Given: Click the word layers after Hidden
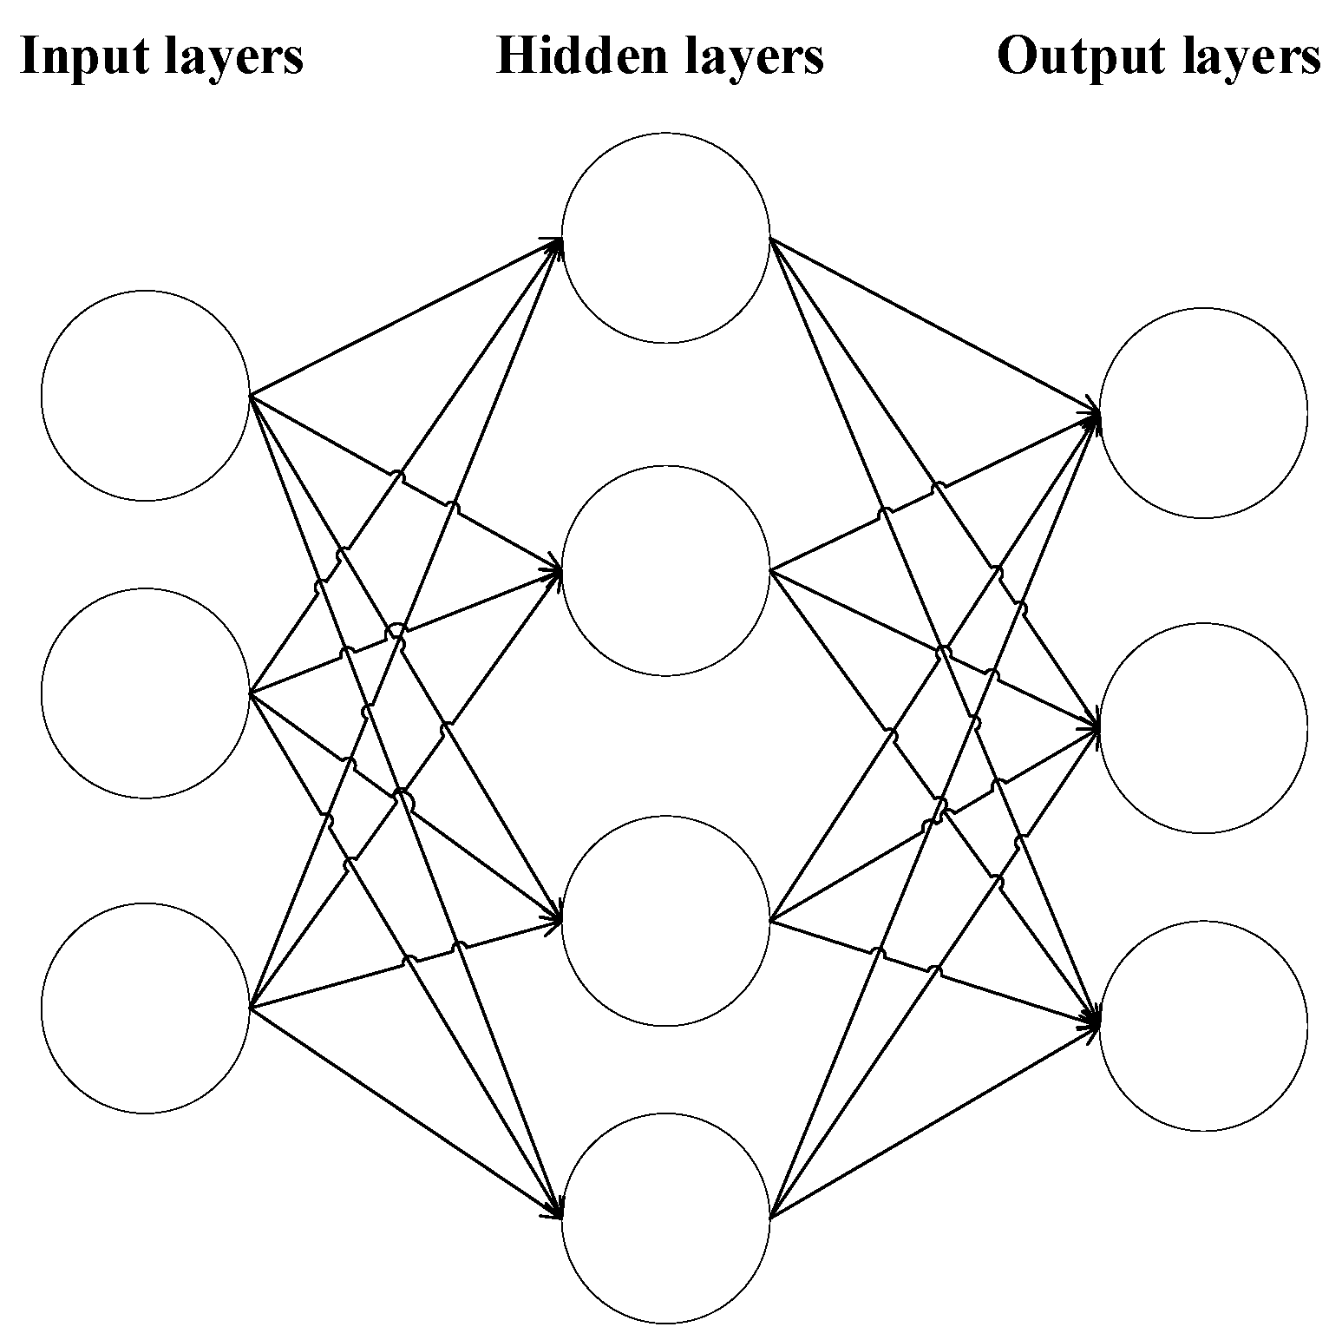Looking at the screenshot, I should tap(754, 57).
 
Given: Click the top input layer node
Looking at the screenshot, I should tap(145, 396).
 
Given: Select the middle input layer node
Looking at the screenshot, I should tap(145, 693).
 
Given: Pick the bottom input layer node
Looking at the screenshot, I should tap(145, 1008).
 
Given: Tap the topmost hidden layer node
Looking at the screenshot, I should tap(665, 238).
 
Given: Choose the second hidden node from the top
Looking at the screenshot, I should tap(665, 570).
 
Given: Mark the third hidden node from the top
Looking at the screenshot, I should tap(665, 920).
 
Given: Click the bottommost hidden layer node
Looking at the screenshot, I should tap(665, 1218).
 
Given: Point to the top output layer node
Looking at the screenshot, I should tap(1203, 413).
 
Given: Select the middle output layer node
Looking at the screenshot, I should tap(1203, 728).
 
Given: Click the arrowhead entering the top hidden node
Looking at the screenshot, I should tap(555, 241).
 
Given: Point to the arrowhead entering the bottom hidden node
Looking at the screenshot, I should tap(555, 1212).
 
